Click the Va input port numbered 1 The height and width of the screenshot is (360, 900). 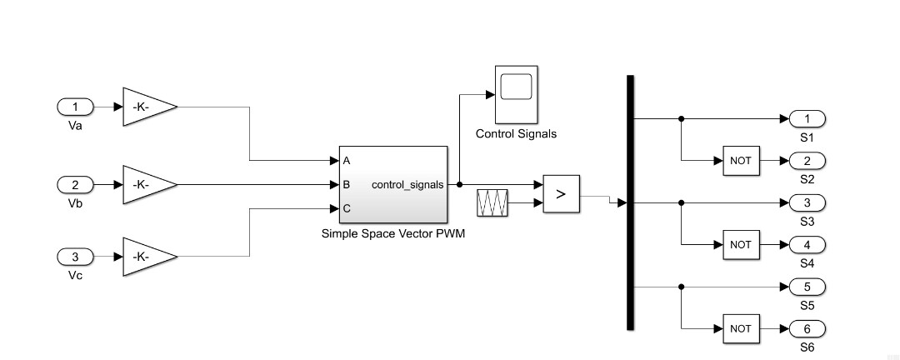76,107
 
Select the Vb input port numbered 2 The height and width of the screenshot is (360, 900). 76,184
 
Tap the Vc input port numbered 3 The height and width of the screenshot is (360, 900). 76,257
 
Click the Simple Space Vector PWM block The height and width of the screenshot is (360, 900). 392,184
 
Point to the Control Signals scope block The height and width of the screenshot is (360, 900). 516,92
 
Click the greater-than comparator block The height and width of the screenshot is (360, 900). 561,194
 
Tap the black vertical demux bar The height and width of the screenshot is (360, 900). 630,202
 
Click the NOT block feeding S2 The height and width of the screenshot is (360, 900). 741,160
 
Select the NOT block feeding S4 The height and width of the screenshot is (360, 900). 741,245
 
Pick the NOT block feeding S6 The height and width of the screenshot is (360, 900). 741,328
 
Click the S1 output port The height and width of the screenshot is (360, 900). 807,118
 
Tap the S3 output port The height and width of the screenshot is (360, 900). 807,202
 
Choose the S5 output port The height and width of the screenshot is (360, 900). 807,287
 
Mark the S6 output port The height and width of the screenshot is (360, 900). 807,328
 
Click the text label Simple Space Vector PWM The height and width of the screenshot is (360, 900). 392,233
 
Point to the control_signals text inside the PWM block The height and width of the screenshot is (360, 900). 407,184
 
